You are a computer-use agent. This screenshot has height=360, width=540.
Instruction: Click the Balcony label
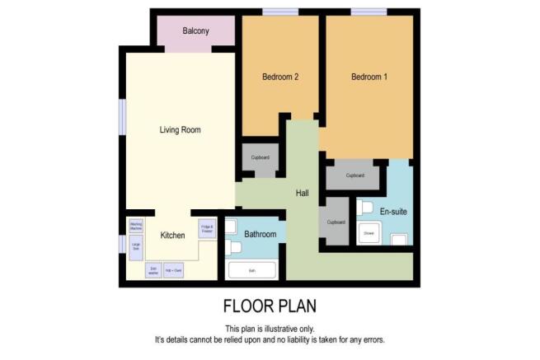[195, 31]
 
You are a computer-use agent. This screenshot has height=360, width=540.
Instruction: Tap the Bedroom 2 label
[279, 77]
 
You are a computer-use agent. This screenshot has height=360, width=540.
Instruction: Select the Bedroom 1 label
[369, 77]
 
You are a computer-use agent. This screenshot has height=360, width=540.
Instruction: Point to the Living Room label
[180, 130]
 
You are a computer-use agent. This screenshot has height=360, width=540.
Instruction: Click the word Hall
[302, 193]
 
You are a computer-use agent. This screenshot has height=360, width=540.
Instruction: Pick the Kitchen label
[172, 235]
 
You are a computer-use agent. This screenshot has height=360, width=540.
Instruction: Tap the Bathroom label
[260, 234]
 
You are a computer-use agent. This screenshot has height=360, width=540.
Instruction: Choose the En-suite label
[393, 212]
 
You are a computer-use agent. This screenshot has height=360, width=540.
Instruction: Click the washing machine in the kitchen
[136, 225]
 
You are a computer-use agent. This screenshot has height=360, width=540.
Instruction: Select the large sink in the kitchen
[136, 245]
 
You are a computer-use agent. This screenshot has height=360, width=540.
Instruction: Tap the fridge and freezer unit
[206, 228]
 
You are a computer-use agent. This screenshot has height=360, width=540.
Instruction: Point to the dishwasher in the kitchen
[153, 270]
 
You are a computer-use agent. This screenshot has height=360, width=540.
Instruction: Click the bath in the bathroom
[252, 269]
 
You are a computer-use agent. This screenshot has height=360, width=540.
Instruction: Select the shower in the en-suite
[369, 234]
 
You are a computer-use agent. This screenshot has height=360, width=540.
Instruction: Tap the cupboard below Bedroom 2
[261, 157]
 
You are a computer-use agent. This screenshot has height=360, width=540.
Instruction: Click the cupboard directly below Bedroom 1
[355, 175]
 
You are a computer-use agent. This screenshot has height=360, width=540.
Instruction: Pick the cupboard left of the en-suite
[336, 222]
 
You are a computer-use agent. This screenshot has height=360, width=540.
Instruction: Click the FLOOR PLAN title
[270, 306]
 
